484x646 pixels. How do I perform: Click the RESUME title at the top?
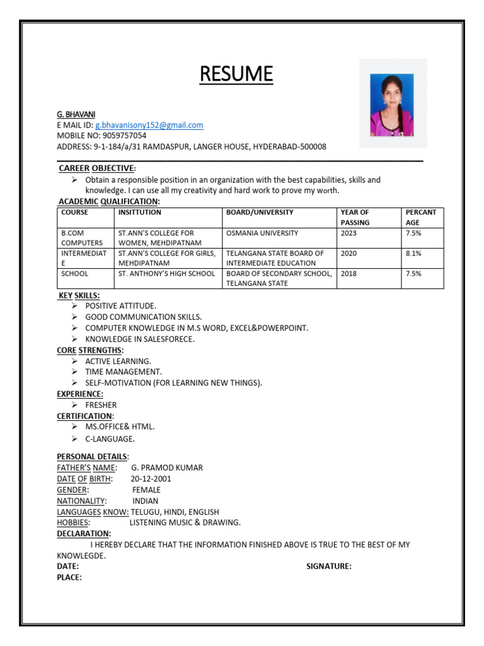[x=236, y=74]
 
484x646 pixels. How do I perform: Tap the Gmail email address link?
[x=149, y=126]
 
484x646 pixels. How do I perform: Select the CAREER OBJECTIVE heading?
[x=96, y=168]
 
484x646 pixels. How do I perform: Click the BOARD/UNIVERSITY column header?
[x=260, y=213]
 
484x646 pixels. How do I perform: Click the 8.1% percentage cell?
[x=414, y=254]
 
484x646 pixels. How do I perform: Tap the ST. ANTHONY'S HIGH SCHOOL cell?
[x=167, y=274]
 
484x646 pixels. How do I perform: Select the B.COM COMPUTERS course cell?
[x=82, y=238]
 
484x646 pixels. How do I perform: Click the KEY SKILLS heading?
[x=79, y=295]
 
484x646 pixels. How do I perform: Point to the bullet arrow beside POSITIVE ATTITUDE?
[x=74, y=306]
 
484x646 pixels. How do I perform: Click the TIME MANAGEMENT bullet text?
[x=124, y=372]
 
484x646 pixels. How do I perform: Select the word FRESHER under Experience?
[x=101, y=405]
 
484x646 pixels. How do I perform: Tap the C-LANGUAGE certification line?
[x=110, y=438]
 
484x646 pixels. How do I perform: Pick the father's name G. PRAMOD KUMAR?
[x=166, y=468]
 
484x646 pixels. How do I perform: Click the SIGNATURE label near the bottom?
[x=329, y=567]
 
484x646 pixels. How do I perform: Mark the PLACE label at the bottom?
[x=69, y=577]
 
